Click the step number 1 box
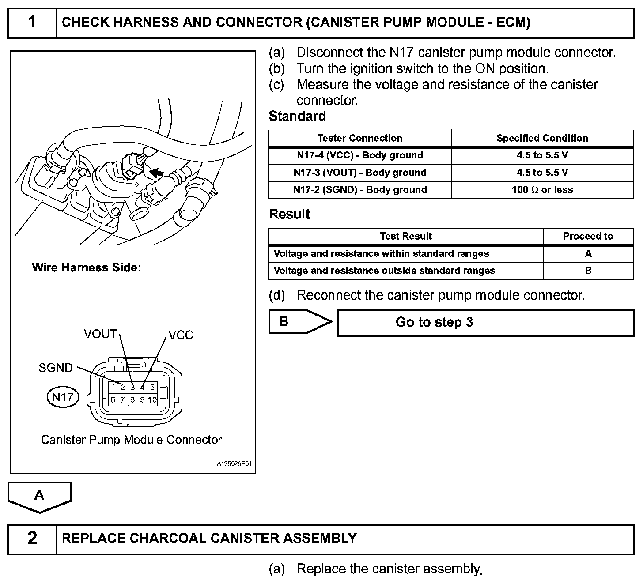tap(32, 22)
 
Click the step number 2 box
tap(32, 538)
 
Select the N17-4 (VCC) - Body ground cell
tap(360, 155)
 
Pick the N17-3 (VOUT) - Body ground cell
tap(360, 173)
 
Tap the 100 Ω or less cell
tap(542, 190)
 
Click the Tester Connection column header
tap(360, 138)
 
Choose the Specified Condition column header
tap(542, 138)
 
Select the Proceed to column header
tap(588, 236)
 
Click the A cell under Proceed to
tap(588, 254)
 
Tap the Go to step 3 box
tap(486, 323)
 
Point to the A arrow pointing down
tap(39, 497)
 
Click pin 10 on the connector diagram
tap(152, 400)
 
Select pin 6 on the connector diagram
tap(113, 400)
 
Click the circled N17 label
tap(62, 397)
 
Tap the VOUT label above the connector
tap(100, 334)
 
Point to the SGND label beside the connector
tap(56, 368)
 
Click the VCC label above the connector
tap(181, 335)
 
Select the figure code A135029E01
tap(234, 464)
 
